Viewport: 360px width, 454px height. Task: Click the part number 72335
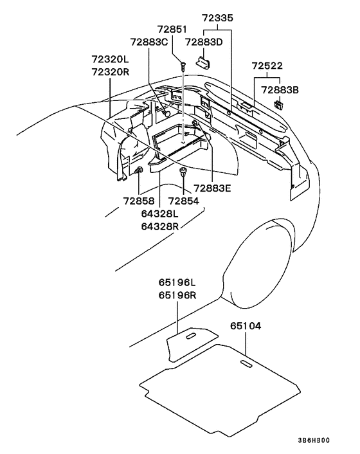pos(218,18)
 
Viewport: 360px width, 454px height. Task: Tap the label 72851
pos(172,30)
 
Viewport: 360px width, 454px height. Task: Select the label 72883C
pos(149,42)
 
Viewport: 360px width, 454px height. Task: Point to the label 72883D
pos(204,42)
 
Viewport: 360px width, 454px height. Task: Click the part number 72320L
pos(111,59)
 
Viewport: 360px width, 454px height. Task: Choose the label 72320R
pos(111,71)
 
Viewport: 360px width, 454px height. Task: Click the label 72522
pos(267,66)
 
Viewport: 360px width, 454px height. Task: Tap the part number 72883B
pos(280,90)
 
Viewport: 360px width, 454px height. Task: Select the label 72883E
pos(212,188)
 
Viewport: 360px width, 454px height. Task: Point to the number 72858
pos(139,201)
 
